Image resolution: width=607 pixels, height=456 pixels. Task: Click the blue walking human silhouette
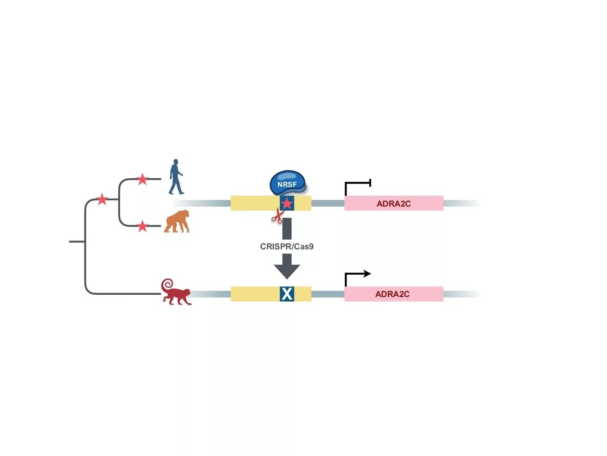point(176,178)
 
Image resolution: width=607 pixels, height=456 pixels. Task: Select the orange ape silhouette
point(177,221)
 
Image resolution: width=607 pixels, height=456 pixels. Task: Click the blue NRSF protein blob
point(287,183)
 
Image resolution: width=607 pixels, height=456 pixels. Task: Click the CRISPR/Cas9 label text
point(287,246)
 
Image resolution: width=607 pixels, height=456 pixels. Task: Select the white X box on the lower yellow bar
point(287,294)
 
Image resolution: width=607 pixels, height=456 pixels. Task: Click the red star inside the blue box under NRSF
point(287,204)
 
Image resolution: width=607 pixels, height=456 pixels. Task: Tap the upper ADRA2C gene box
point(394,204)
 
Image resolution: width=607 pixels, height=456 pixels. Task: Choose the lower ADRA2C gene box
point(394,294)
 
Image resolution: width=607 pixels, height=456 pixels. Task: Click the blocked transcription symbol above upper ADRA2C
point(358,185)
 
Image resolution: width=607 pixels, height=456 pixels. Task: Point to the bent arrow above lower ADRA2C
point(358,276)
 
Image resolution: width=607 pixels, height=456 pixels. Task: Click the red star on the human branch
point(142,179)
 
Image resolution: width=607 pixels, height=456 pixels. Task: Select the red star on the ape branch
point(142,226)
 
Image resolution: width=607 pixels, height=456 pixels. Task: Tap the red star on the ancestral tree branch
point(102,199)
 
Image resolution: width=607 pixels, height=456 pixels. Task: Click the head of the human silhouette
point(176,162)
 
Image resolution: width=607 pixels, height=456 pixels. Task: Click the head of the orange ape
point(183,215)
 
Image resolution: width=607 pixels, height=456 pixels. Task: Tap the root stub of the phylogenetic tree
point(76,241)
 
